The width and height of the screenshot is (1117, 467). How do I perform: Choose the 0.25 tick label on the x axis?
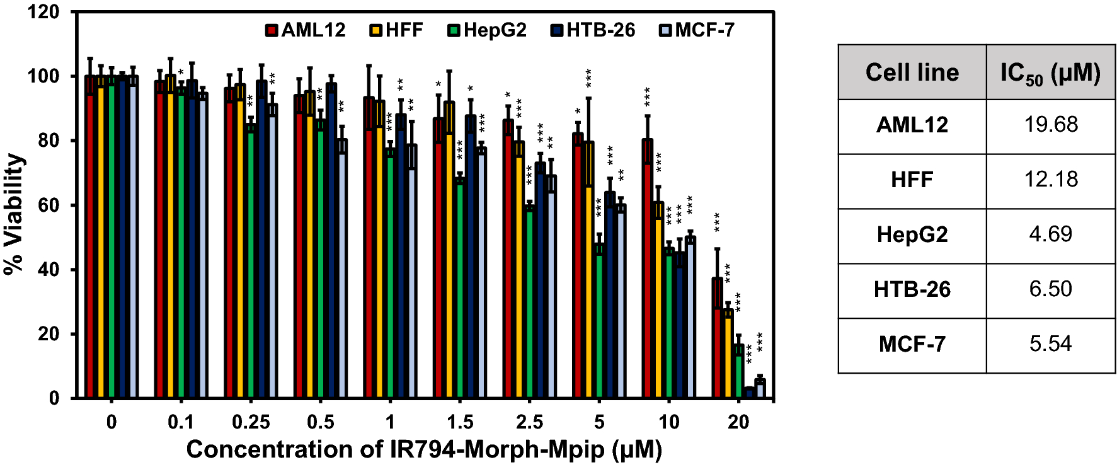[x=251, y=422]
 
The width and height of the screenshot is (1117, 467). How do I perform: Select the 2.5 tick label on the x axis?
[x=529, y=422]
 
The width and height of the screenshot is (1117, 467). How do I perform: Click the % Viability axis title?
[x=14, y=214]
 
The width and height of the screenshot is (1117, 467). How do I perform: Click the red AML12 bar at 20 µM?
[x=718, y=338]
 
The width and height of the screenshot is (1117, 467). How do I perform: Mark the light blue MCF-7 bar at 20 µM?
[x=760, y=389]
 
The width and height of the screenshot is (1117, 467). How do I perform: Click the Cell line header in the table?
[x=912, y=72]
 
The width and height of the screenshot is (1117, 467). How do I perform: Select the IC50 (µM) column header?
[x=1050, y=72]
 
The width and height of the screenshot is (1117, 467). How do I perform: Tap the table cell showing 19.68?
[x=1050, y=125]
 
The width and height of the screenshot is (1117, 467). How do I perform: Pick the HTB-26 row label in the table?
[x=912, y=289]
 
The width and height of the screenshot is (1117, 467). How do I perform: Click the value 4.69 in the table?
[x=1050, y=234]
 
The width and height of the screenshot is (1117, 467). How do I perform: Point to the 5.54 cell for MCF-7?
[x=1050, y=344]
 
